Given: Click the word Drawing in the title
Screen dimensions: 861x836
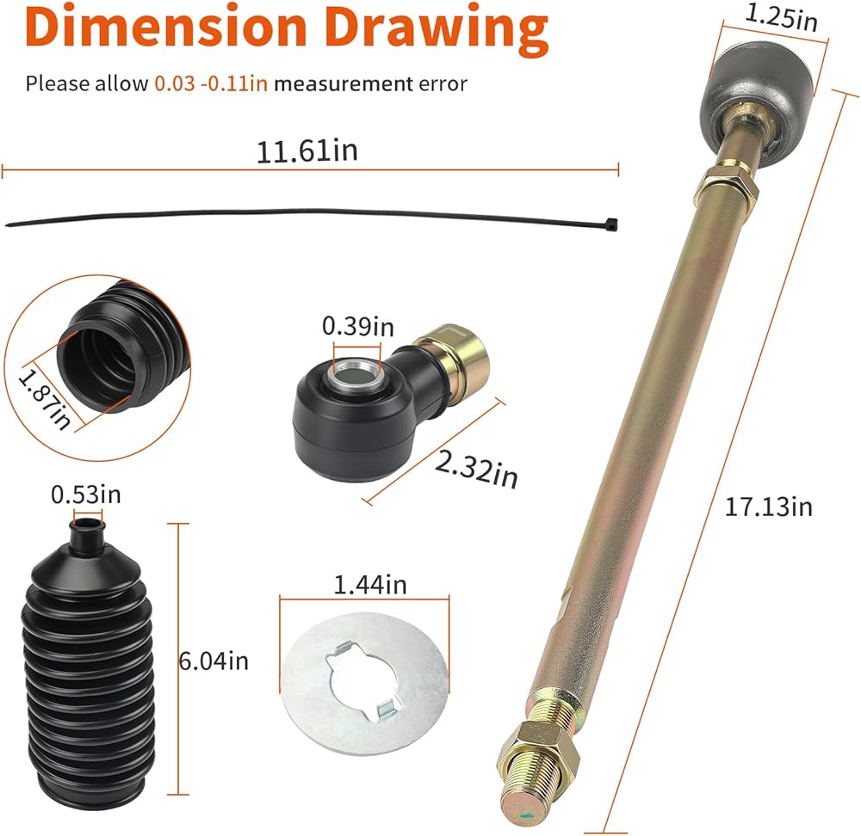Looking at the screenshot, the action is click(437, 30).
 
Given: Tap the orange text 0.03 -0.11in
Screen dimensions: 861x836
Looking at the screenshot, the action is click(211, 83).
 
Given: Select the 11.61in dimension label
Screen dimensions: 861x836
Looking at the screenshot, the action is click(307, 151).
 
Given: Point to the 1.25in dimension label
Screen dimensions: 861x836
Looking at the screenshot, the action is click(781, 16).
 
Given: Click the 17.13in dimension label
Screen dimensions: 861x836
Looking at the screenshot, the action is click(768, 507).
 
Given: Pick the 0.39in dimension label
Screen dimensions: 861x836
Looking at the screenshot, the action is click(358, 326).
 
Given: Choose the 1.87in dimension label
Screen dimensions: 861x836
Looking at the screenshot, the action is click(45, 397).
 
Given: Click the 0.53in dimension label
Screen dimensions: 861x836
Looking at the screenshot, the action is click(85, 495).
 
